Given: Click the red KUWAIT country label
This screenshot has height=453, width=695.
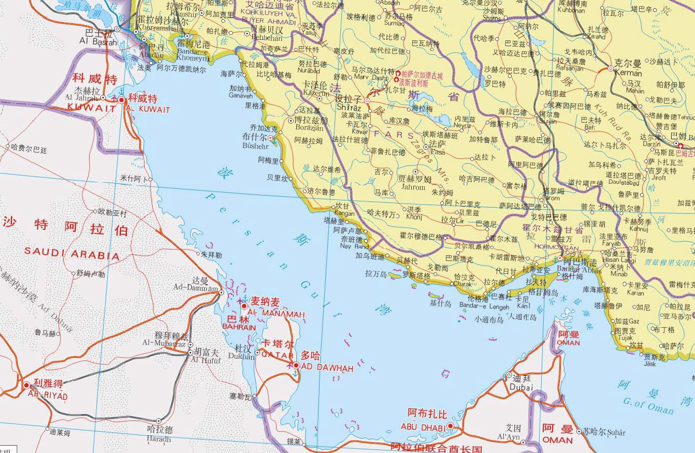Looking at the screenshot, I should (x=92, y=108).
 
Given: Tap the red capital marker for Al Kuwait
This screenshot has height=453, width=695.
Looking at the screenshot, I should (x=121, y=99).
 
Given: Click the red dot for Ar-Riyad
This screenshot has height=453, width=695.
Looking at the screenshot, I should (x=26, y=385).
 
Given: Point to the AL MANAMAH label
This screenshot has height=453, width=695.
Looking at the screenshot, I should (x=276, y=314).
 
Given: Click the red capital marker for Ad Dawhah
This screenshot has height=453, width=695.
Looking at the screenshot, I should (x=296, y=365).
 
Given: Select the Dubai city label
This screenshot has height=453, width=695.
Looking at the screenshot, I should (x=521, y=387).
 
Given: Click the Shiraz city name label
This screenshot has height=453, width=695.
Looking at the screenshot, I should (x=348, y=107).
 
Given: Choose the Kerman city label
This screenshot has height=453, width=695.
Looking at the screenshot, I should (x=628, y=73).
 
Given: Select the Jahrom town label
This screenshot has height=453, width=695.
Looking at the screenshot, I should (x=412, y=187).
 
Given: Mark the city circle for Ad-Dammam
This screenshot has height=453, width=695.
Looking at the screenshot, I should (x=222, y=293).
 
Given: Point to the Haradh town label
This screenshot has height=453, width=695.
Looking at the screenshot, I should (x=158, y=439).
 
